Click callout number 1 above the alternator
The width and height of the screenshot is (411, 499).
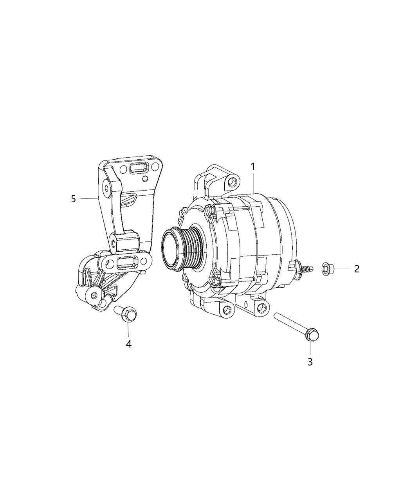tap(253, 167)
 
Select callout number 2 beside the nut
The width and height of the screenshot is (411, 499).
tap(357, 269)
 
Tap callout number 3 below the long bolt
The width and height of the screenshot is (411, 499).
tap(310, 362)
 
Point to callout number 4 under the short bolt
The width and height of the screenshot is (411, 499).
tap(128, 344)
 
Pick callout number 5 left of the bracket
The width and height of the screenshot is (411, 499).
tap(74, 199)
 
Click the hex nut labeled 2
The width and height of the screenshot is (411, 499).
tap(326, 269)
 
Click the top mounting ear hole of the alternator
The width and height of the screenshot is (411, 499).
tap(233, 181)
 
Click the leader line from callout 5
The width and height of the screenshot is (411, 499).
tap(89, 199)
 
